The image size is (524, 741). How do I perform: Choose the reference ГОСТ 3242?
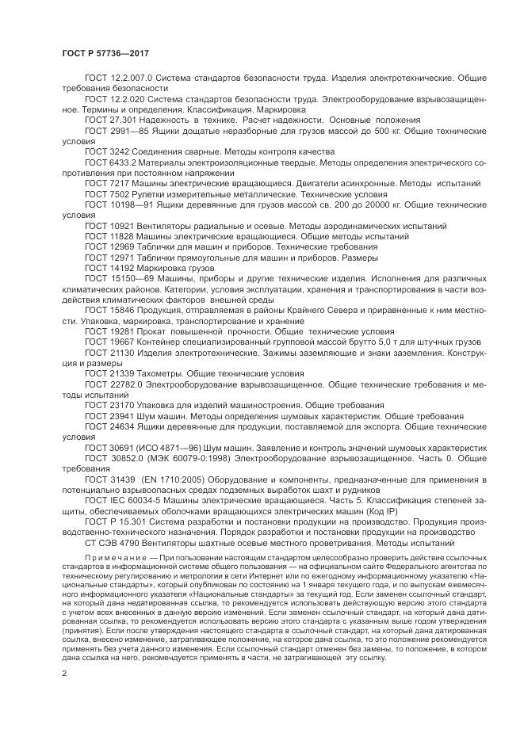coord(105,151)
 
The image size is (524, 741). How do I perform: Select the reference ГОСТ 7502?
coord(105,193)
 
